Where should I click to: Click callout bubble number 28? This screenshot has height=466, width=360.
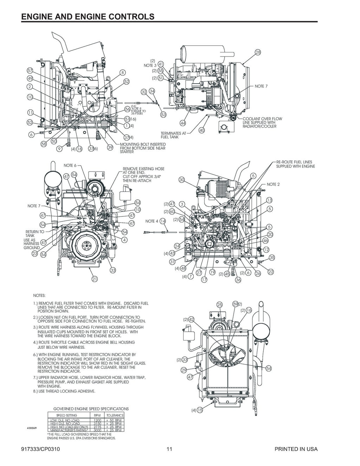click(258, 52)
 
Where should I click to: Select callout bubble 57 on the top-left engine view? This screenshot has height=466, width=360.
click(30, 71)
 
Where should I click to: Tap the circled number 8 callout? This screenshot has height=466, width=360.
click(122, 73)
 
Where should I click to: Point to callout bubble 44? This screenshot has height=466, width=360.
click(183, 123)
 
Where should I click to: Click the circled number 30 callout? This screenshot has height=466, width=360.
click(181, 180)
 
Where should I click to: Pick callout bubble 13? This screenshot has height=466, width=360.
click(269, 200)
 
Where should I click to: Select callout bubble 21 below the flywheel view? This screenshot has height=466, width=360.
click(95, 279)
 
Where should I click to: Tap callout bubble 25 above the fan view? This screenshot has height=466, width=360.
click(220, 304)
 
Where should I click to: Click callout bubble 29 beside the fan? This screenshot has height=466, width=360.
click(183, 370)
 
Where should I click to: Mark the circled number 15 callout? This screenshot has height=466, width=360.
click(200, 410)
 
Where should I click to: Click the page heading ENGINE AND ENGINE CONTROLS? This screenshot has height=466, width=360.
click(88, 17)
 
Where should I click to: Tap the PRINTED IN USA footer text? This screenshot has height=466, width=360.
click(296, 449)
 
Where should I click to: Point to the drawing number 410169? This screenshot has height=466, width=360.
click(32, 428)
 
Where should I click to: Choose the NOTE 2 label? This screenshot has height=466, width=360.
click(273, 184)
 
